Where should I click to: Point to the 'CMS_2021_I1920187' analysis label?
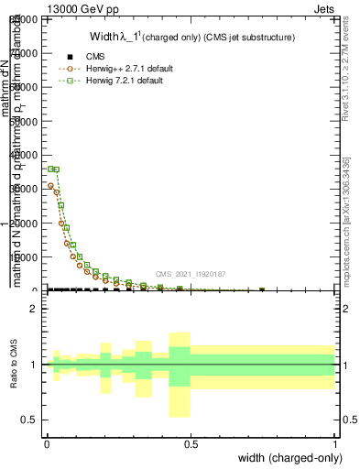(x=190, y=274)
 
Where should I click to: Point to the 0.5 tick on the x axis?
(x=191, y=442)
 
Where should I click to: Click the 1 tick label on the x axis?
(x=335, y=442)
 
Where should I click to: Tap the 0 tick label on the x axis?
(x=47, y=442)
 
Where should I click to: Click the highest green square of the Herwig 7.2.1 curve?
(x=50, y=169)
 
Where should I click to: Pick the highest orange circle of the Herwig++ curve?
(x=50, y=186)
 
